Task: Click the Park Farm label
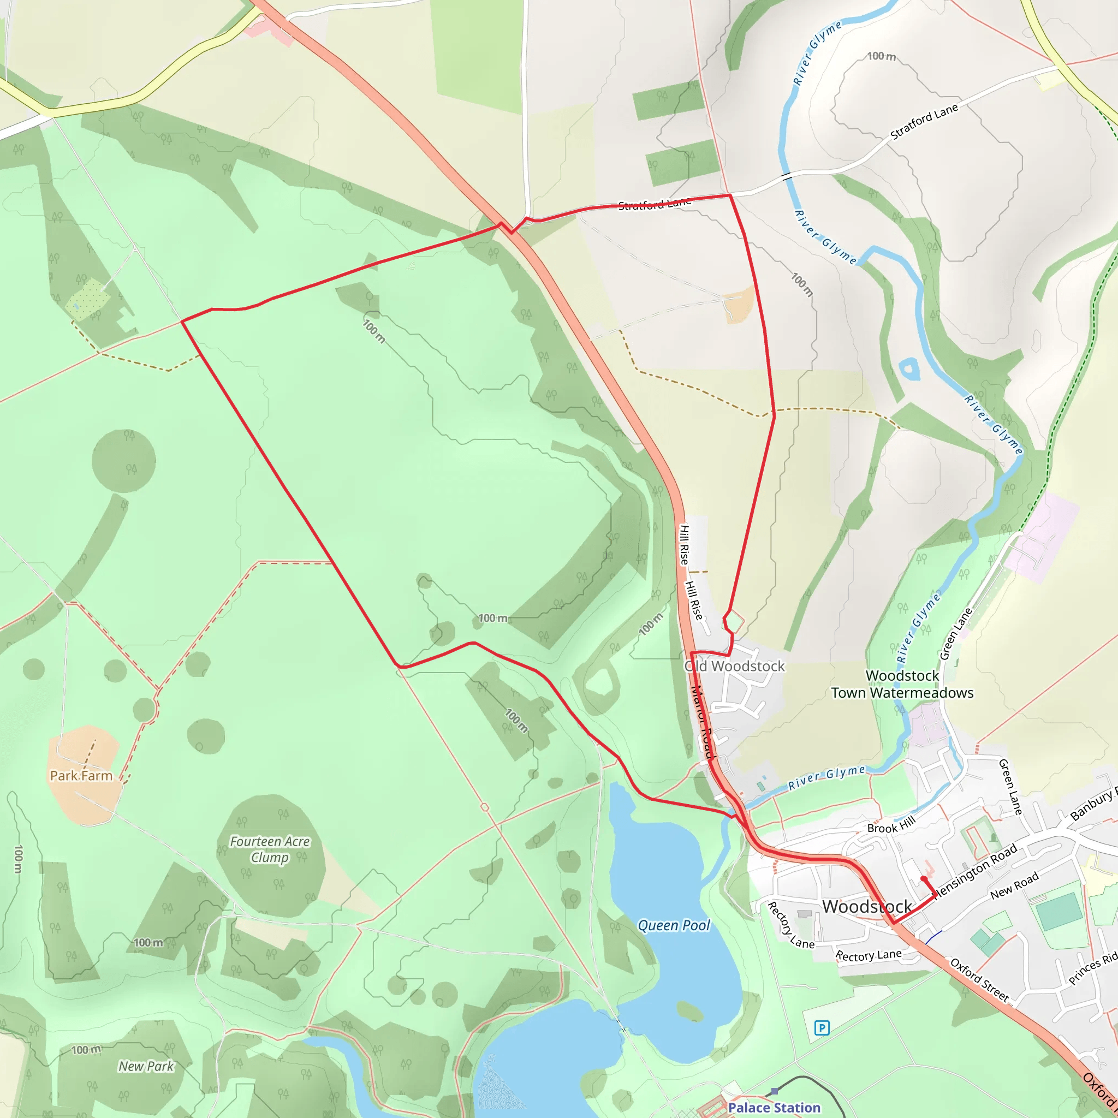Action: coord(81,775)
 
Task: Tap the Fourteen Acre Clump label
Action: coord(270,849)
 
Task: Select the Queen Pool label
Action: coord(674,925)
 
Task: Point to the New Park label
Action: coord(146,1066)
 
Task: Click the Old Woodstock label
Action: coord(734,666)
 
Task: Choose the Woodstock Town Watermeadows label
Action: coord(902,684)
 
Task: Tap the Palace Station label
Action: coord(774,1107)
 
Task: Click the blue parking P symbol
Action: coord(822,1028)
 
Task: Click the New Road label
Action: coord(1014,886)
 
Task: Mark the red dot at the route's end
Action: coord(924,879)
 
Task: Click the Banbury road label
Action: coord(1093,804)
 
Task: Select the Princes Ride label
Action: coord(1092,967)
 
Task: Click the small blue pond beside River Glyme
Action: coord(909,368)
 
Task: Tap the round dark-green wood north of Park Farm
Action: coord(123,461)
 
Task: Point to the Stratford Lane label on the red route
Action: coord(655,203)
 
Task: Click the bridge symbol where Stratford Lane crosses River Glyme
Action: coord(787,176)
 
